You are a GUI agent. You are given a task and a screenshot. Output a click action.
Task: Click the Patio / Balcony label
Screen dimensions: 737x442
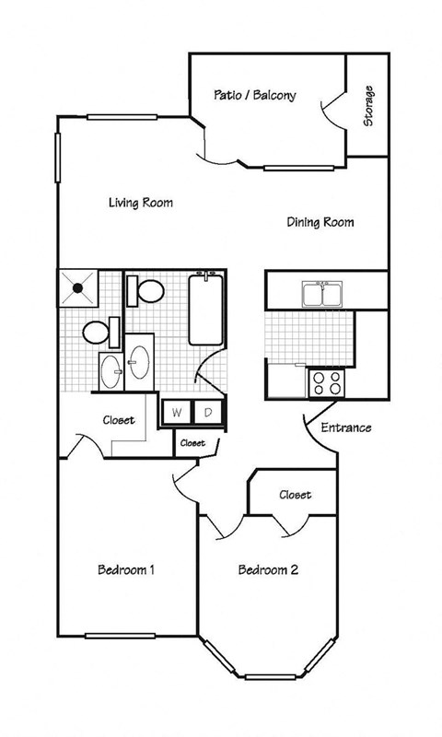(254, 95)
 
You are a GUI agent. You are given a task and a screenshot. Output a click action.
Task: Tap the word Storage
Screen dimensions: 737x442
(368, 106)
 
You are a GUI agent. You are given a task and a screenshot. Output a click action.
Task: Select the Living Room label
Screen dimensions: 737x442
(140, 203)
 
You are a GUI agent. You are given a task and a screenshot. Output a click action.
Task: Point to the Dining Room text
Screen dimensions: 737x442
(320, 222)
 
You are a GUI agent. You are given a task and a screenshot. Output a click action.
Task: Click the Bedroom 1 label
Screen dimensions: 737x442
(125, 570)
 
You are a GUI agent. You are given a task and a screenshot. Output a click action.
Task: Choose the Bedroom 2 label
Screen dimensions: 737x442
(268, 570)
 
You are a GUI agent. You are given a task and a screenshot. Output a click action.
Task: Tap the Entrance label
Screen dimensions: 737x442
(345, 427)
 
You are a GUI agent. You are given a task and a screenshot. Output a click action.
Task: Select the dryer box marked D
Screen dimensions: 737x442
(208, 414)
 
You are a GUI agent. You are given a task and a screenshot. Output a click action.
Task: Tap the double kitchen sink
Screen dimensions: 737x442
(321, 294)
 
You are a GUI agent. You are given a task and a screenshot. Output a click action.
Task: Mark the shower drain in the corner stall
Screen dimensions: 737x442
(77, 287)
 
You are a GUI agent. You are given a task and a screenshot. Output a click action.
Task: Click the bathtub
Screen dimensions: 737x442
(206, 310)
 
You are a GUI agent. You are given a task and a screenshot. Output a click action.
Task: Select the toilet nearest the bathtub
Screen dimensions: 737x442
(145, 292)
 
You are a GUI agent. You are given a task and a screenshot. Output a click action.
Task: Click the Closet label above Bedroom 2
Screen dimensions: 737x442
(295, 495)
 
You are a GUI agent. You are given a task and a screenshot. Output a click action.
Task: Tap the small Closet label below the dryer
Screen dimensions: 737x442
(192, 443)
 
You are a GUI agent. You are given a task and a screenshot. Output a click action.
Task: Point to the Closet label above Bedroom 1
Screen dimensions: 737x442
(118, 420)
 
